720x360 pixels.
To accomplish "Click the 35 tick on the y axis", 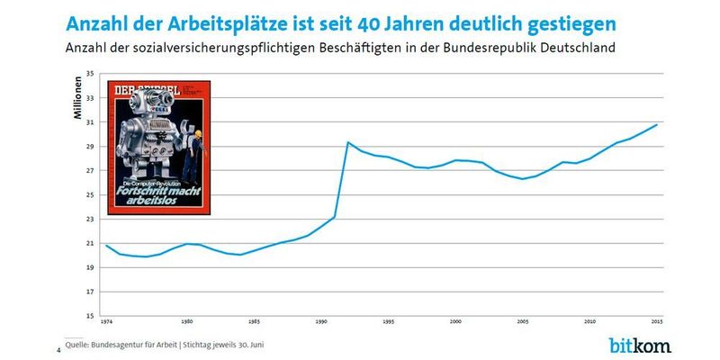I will tap(90, 73).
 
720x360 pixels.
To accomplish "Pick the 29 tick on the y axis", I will tap(90, 146).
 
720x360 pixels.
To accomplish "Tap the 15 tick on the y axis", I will tap(90, 316).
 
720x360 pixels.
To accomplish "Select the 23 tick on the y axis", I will tap(90, 219).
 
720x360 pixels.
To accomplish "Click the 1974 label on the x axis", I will tap(107, 322).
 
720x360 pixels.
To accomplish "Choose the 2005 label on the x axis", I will tap(523, 322).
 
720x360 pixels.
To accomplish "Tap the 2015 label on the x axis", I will tap(657, 322).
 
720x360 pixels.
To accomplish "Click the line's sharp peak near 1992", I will tap(347, 142).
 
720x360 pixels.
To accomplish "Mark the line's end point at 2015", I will tap(657, 124).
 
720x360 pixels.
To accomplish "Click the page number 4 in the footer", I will tap(58, 349).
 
